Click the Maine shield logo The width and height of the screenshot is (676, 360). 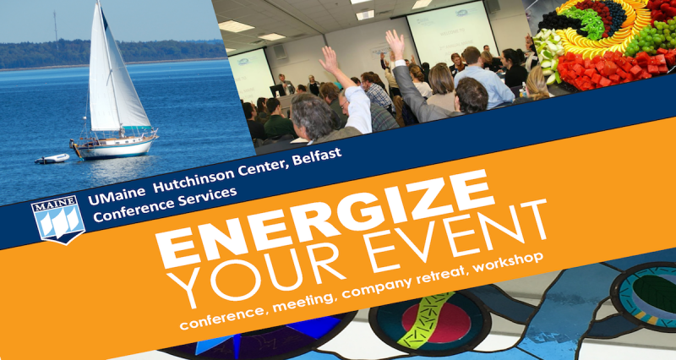pos(58,219)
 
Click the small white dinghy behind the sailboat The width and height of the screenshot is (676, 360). pos(52,159)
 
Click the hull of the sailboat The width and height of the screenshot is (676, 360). pos(115,147)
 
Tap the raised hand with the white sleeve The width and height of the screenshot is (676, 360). pos(330,60)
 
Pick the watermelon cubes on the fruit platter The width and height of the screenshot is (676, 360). pos(608,69)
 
